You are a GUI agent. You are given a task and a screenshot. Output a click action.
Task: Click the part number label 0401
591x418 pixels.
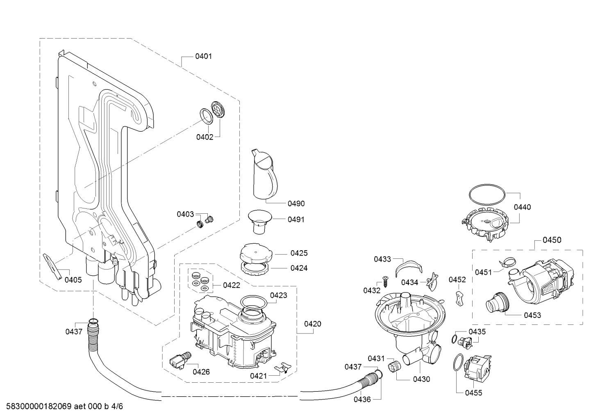coord(203,56)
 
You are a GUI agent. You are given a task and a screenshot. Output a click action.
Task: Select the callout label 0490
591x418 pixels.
coord(296,203)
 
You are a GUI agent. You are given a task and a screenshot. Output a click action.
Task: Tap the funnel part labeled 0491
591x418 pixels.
coord(260,222)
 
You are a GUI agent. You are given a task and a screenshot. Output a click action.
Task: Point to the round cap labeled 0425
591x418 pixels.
coord(256,253)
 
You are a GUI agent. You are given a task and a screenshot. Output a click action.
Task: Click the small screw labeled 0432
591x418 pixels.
coord(385,281)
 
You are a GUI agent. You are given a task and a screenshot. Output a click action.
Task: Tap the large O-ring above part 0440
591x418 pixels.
coord(487,194)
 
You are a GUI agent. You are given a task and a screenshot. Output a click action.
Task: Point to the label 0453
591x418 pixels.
coord(532,315)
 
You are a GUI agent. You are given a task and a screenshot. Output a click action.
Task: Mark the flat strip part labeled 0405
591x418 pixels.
coord(53,267)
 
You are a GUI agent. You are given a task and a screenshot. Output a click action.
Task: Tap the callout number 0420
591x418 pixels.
coord(313,324)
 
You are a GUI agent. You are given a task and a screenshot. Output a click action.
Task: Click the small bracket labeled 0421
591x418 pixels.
coord(283,367)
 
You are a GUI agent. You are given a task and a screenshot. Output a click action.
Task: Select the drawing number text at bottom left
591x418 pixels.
coord(65,407)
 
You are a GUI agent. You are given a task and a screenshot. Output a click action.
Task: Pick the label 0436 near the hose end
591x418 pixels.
coord(362,400)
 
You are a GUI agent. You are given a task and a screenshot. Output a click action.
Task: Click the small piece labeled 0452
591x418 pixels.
coord(459,299)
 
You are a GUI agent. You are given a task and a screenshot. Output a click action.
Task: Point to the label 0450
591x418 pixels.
coord(552,240)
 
